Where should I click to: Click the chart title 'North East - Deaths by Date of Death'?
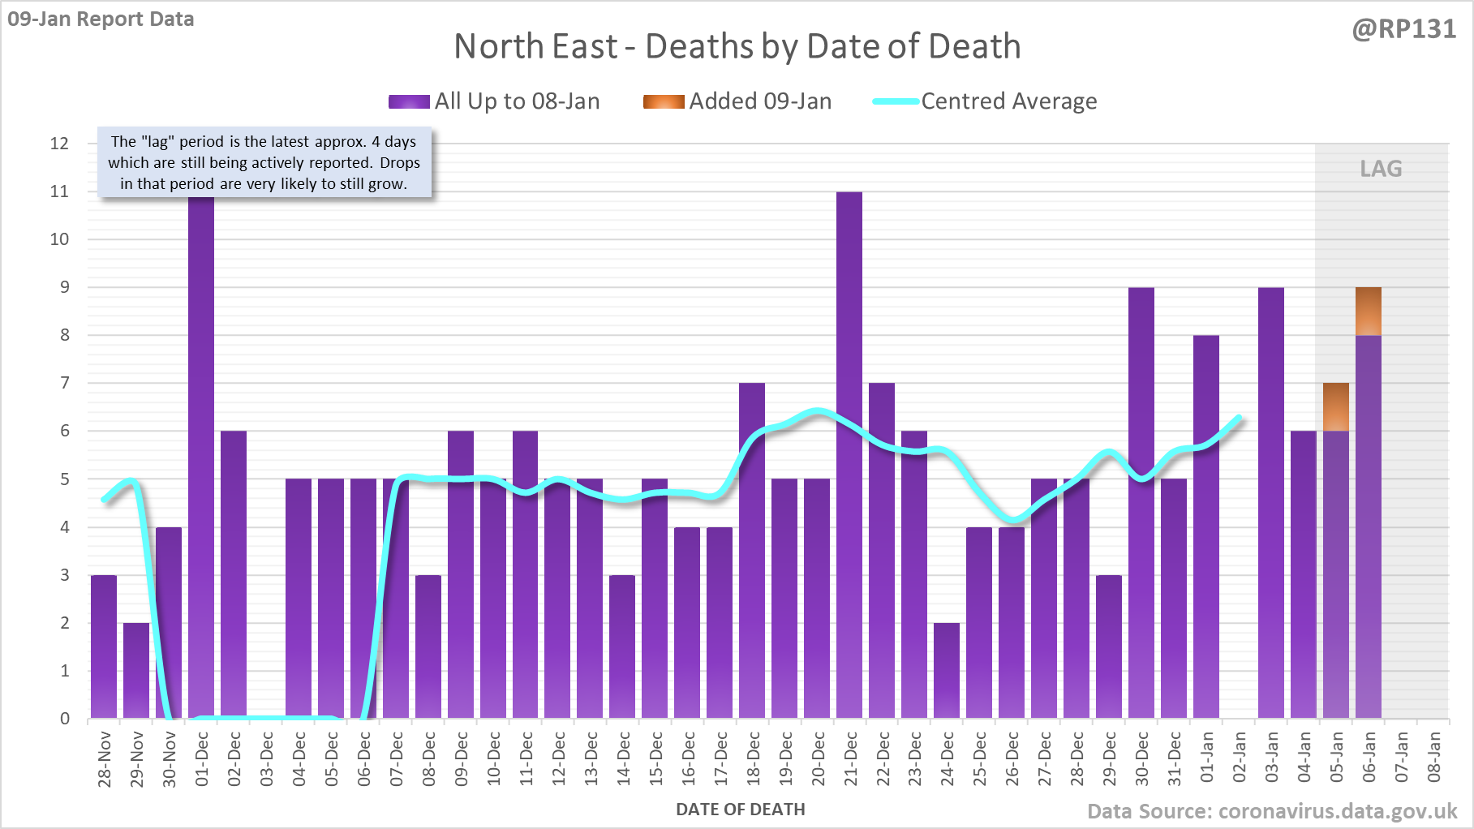[x=737, y=46]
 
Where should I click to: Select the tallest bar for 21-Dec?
[x=849, y=454]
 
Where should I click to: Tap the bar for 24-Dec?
[x=947, y=670]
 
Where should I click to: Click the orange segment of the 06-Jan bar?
[x=1369, y=311]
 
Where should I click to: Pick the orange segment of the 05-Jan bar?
[x=1336, y=407]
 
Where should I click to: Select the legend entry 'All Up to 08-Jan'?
[x=494, y=101]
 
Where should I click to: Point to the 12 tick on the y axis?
[x=59, y=144]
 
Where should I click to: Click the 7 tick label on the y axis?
[x=64, y=383]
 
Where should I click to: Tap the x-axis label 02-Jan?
[x=1240, y=757]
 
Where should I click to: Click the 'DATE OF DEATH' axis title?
[x=740, y=810]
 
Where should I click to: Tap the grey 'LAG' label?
[x=1381, y=169]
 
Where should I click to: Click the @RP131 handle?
[x=1403, y=29]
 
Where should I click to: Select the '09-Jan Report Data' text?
[x=101, y=19]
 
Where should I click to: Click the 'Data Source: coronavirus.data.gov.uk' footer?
[x=1271, y=811]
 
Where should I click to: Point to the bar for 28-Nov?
[x=104, y=646]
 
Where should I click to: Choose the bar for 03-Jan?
[x=1271, y=503]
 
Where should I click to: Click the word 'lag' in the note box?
[x=157, y=142]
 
